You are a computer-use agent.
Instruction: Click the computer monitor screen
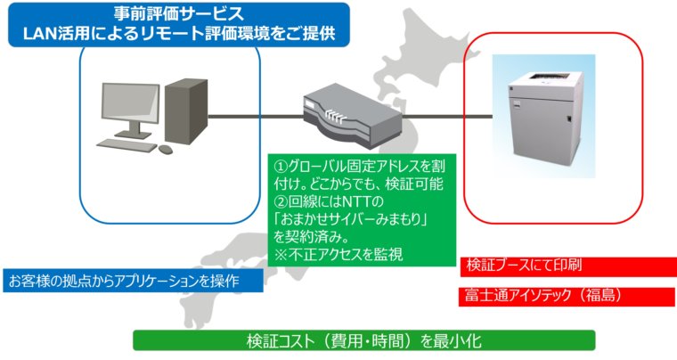point(130,102)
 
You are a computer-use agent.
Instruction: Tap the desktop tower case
point(186,111)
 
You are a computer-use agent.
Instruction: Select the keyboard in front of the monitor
point(126,145)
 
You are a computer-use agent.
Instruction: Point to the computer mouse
point(166,150)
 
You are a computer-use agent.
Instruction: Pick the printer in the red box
point(545,115)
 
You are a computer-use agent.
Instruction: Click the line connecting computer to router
point(256,116)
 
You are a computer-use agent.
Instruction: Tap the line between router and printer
point(447,116)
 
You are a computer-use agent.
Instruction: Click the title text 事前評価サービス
point(179,14)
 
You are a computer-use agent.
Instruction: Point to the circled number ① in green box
point(281,166)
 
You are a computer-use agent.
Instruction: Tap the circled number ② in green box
point(281,201)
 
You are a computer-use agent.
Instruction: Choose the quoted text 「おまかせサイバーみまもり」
point(351,219)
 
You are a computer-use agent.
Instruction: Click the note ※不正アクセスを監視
point(338,255)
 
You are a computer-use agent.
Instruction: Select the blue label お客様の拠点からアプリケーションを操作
point(124,281)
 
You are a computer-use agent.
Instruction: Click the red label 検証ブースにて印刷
point(524,265)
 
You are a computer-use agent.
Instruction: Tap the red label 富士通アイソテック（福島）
point(544,295)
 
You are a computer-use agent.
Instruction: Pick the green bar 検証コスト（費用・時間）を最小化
point(364,341)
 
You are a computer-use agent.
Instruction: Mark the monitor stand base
point(133,135)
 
